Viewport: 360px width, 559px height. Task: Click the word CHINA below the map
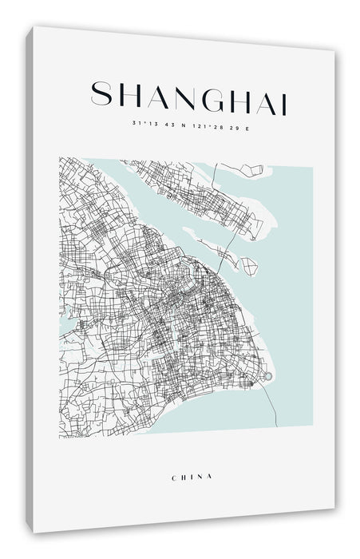tap(192, 476)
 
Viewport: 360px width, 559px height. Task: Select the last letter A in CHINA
tap(211, 476)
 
